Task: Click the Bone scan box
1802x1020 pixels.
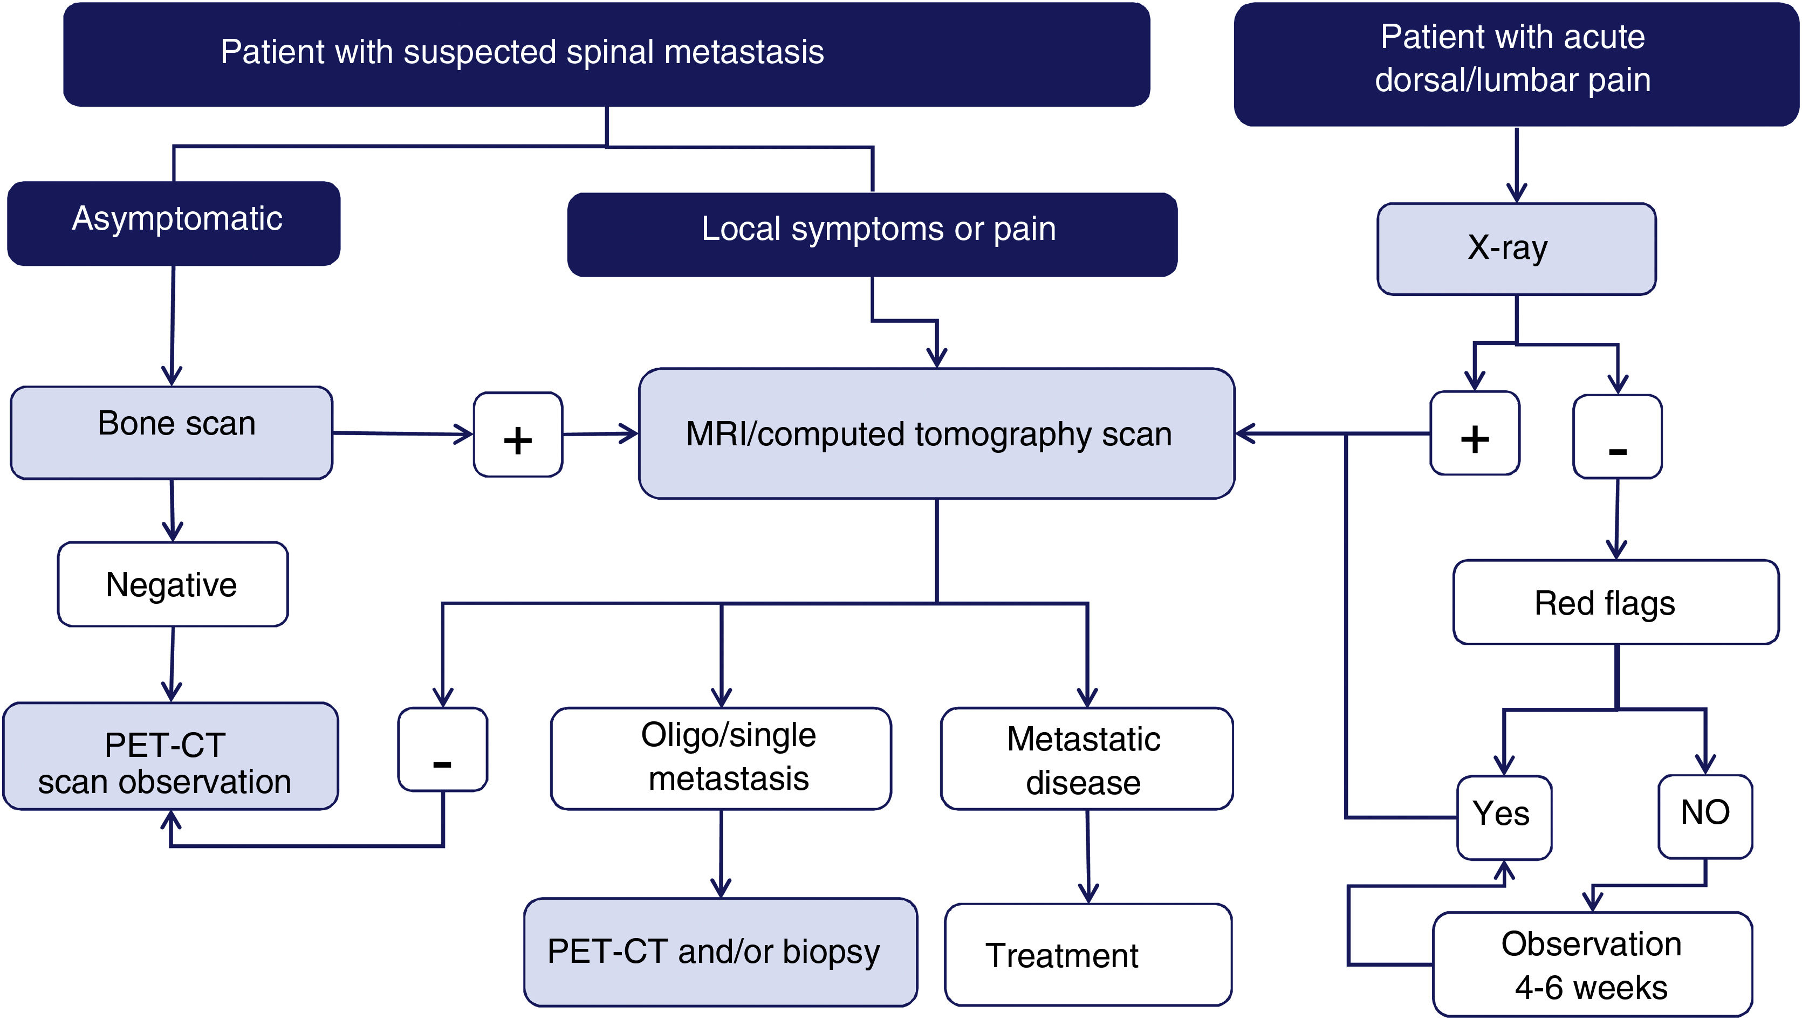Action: point(172,432)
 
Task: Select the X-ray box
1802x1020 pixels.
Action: point(1516,249)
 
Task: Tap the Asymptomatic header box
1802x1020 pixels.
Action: point(174,223)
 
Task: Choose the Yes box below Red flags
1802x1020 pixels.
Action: point(1503,817)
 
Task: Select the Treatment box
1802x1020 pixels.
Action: point(1087,954)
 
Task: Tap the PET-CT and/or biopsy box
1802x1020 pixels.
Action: point(720,952)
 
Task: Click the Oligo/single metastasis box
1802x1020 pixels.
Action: point(721,758)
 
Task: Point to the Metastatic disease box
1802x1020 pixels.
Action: point(1086,759)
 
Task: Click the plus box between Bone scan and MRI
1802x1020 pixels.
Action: point(518,435)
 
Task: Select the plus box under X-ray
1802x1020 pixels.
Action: point(1474,433)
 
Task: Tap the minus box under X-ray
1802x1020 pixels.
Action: point(1617,437)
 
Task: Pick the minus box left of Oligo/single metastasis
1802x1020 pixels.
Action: point(442,749)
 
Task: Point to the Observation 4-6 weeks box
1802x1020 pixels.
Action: point(1592,964)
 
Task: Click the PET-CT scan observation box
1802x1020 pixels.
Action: point(170,756)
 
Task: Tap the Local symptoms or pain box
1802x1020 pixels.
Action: point(872,235)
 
